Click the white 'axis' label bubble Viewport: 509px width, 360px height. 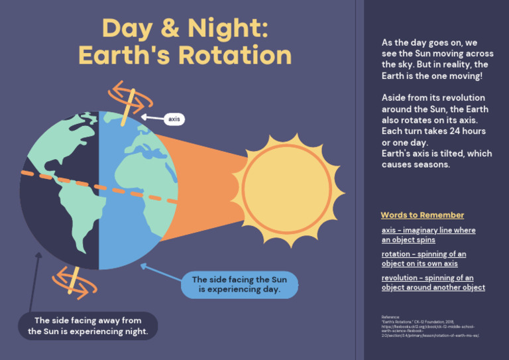coord(174,119)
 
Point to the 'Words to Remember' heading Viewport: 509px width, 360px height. coord(422,215)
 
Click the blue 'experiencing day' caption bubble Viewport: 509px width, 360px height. coord(239,284)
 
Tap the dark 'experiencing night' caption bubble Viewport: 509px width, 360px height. coord(87,326)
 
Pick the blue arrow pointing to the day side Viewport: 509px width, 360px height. coord(160,272)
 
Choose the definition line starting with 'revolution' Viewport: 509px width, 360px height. coord(433,282)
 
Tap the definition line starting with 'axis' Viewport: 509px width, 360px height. coord(428,235)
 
